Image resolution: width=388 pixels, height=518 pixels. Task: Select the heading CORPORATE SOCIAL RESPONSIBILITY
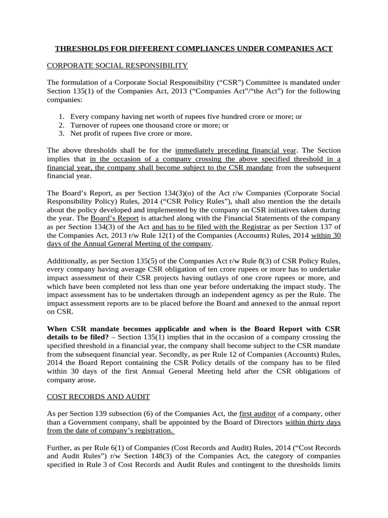tap(117, 66)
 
